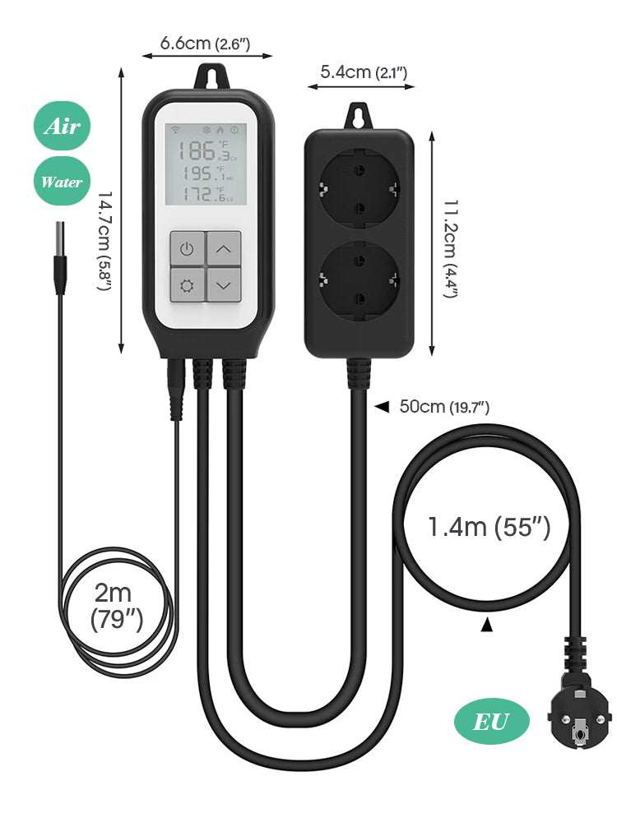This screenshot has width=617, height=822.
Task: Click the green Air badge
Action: [62, 126]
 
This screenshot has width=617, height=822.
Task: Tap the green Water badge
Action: [62, 182]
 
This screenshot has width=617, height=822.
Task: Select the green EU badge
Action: [492, 722]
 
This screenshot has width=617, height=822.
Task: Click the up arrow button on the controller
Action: [224, 248]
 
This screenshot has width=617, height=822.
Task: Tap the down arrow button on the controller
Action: [224, 284]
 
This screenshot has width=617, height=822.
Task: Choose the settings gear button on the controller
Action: [188, 284]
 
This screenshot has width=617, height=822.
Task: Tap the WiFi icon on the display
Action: [176, 130]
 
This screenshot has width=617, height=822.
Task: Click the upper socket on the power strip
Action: [360, 187]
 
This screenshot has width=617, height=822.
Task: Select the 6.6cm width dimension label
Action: [205, 43]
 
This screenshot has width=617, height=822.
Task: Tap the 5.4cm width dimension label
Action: [364, 72]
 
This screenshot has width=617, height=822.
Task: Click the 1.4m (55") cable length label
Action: [489, 527]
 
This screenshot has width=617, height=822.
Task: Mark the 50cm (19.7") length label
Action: [444, 406]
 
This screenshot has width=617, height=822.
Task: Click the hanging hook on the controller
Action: [211, 76]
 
